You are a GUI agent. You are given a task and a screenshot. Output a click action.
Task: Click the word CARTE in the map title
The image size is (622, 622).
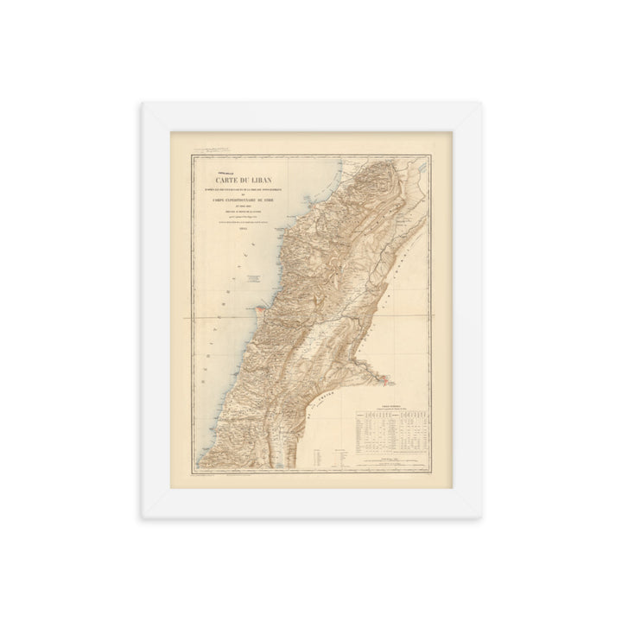[x=220, y=181]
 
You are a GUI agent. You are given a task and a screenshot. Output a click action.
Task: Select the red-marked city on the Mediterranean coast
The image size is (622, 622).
[x=256, y=305]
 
